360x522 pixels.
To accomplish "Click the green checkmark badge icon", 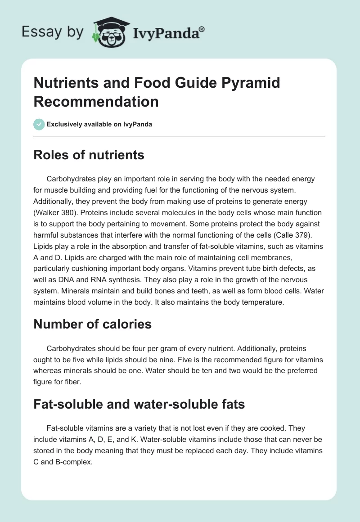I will pyautogui.click(x=39, y=124).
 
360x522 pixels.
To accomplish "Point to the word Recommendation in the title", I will pyautogui.click(x=96, y=101).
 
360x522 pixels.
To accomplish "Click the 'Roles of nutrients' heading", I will pyautogui.click(x=89, y=155).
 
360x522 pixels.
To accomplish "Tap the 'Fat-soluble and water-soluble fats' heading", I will pyautogui.click(x=139, y=404).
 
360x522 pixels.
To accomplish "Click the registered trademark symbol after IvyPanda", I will pyautogui.click(x=202, y=29).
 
